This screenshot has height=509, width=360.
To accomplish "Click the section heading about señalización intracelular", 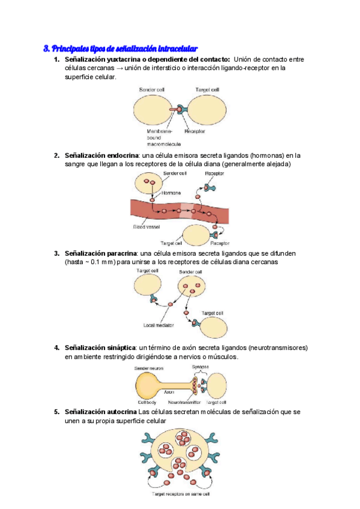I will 121,48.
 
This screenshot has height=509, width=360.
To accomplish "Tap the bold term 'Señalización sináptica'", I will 100,348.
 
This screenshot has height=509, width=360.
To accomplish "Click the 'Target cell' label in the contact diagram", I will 207,90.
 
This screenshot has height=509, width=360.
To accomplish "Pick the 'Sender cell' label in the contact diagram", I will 152,90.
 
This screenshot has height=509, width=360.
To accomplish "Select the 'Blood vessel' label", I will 146,227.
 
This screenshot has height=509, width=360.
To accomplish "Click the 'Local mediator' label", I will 158,325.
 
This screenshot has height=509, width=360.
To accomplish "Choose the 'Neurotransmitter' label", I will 184,402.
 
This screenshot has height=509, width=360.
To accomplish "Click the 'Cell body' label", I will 147,402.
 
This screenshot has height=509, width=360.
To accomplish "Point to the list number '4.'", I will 56,348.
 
